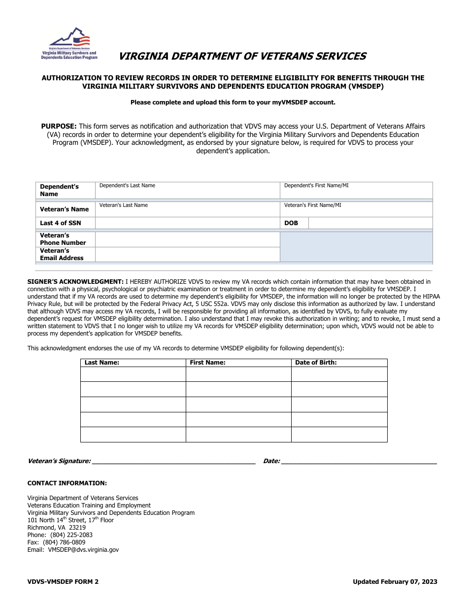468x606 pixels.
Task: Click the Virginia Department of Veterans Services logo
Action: pos(69,44)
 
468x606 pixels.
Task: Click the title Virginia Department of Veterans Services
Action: pos(242,56)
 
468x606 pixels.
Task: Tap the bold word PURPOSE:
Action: pos(59,127)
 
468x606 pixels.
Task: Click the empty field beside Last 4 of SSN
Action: pos(187,223)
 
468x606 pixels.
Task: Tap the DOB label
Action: pos(291,223)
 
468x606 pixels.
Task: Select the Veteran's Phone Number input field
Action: pos(187,239)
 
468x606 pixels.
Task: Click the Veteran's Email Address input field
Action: pos(187,255)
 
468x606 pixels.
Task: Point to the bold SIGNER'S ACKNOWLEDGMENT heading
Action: pos(75,282)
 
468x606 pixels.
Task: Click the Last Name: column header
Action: pos(102,363)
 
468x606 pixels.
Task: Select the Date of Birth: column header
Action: pos(316,363)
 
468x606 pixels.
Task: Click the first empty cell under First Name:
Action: pos(238,374)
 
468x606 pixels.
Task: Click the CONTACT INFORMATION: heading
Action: pos(67,483)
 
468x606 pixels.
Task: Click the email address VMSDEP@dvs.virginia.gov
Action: pos(83,550)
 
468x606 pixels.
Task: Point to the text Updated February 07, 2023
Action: pos(395,582)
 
